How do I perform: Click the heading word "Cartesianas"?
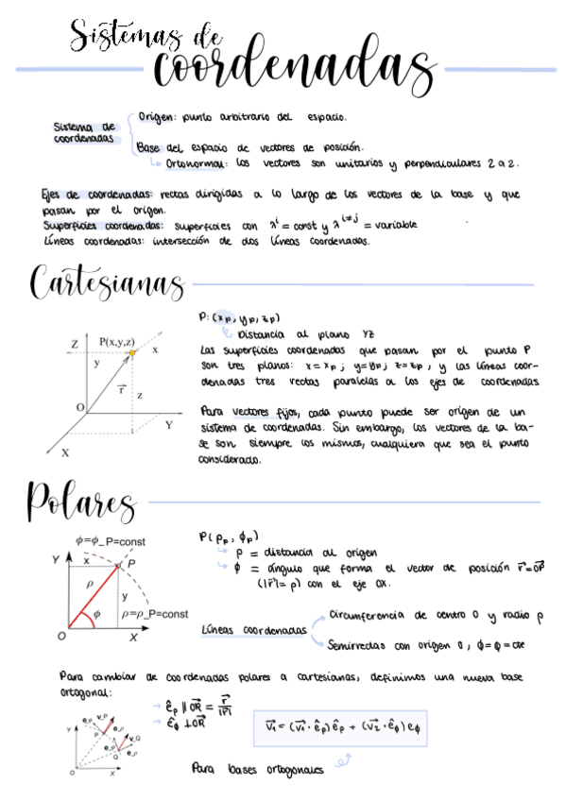coord(106,283)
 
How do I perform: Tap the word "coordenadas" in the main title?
coord(291,68)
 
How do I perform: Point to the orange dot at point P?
coord(133,352)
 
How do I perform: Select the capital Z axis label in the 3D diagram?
coord(74,343)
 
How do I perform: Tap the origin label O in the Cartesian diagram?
coord(79,407)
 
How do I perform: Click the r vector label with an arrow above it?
coord(120,387)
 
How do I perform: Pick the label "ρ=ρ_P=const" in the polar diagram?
coord(155,614)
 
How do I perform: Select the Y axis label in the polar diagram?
coord(57,560)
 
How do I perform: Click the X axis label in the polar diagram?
coord(134,639)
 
